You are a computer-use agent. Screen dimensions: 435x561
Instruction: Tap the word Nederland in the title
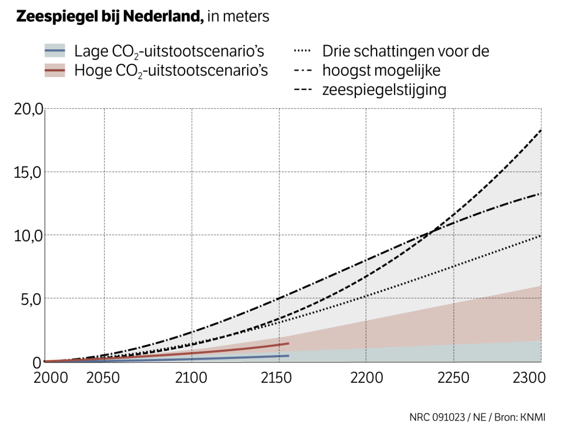pyautogui.click(x=163, y=17)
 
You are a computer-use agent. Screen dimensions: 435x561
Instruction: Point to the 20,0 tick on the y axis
pyautogui.click(x=28, y=109)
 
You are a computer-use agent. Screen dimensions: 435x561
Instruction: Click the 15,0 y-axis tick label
pyautogui.click(x=27, y=173)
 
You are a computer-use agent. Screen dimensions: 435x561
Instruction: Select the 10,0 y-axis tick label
pyautogui.click(x=27, y=236)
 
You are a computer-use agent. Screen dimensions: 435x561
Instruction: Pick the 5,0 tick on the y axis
pyautogui.click(x=31, y=299)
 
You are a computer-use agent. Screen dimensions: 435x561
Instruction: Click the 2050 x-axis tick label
pyautogui.click(x=103, y=377)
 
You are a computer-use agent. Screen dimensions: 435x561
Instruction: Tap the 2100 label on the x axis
pyautogui.click(x=191, y=377)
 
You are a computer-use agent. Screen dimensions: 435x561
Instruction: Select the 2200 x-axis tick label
pyautogui.click(x=366, y=377)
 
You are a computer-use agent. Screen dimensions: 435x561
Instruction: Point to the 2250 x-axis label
pyautogui.click(x=454, y=377)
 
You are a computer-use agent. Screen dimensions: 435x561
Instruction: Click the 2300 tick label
pyautogui.click(x=529, y=377)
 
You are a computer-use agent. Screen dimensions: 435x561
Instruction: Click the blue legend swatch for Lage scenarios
pyautogui.click(x=55, y=51)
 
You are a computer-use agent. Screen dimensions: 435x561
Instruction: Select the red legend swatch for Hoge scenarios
pyautogui.click(x=55, y=70)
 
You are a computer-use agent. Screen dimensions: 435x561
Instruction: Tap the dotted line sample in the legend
pyautogui.click(x=302, y=51)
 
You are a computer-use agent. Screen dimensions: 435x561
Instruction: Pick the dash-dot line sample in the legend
pyautogui.click(x=302, y=70)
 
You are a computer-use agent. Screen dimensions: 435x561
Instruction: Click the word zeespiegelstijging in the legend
pyautogui.click(x=384, y=90)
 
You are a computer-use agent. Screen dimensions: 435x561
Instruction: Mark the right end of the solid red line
pyautogui.click(x=288, y=343)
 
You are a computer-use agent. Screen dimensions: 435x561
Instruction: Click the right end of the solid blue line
pyautogui.click(x=288, y=356)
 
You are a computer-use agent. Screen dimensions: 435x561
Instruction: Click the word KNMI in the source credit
pyautogui.click(x=534, y=417)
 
